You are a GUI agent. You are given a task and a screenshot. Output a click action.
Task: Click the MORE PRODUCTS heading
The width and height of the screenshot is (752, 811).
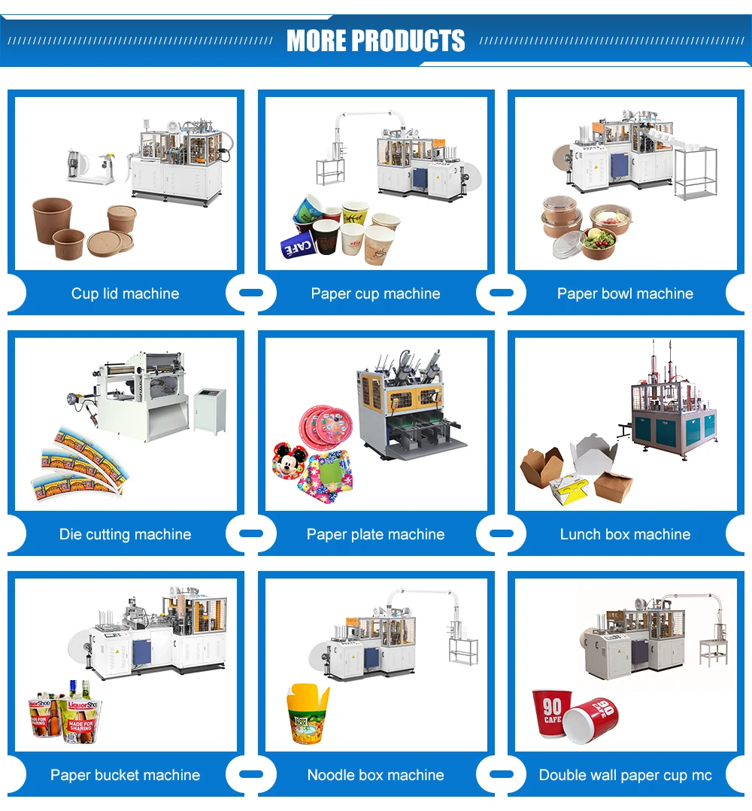375,41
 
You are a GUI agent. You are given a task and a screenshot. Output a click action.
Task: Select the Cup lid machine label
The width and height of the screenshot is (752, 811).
125,293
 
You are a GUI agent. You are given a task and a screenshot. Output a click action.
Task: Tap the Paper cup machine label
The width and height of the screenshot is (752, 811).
375,293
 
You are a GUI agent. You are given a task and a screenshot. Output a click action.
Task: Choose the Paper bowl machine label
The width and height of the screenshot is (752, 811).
625,293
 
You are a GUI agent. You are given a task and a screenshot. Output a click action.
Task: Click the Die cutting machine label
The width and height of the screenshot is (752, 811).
125,534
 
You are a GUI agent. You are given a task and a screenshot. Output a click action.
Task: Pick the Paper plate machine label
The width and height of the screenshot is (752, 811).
375,534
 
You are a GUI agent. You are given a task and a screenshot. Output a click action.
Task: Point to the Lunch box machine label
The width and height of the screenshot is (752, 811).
625,534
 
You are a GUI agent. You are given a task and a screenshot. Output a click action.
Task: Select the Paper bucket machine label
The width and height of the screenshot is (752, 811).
125,775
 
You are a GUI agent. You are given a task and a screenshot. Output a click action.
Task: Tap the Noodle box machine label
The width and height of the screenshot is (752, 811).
375,775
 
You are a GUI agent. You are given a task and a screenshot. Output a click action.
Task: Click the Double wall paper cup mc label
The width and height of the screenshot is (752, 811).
625,775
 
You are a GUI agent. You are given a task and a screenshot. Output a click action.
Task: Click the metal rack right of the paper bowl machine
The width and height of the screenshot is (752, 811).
695,172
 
